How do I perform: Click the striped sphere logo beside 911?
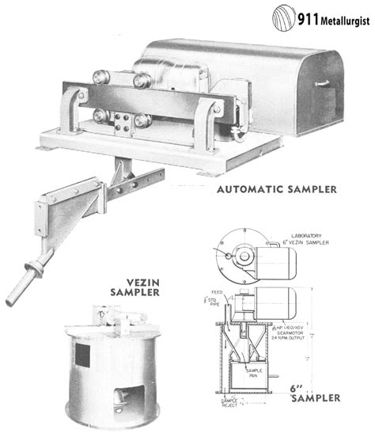pos(283,17)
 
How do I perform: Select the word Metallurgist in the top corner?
pos(346,18)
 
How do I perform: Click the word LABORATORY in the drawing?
pos(311,234)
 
